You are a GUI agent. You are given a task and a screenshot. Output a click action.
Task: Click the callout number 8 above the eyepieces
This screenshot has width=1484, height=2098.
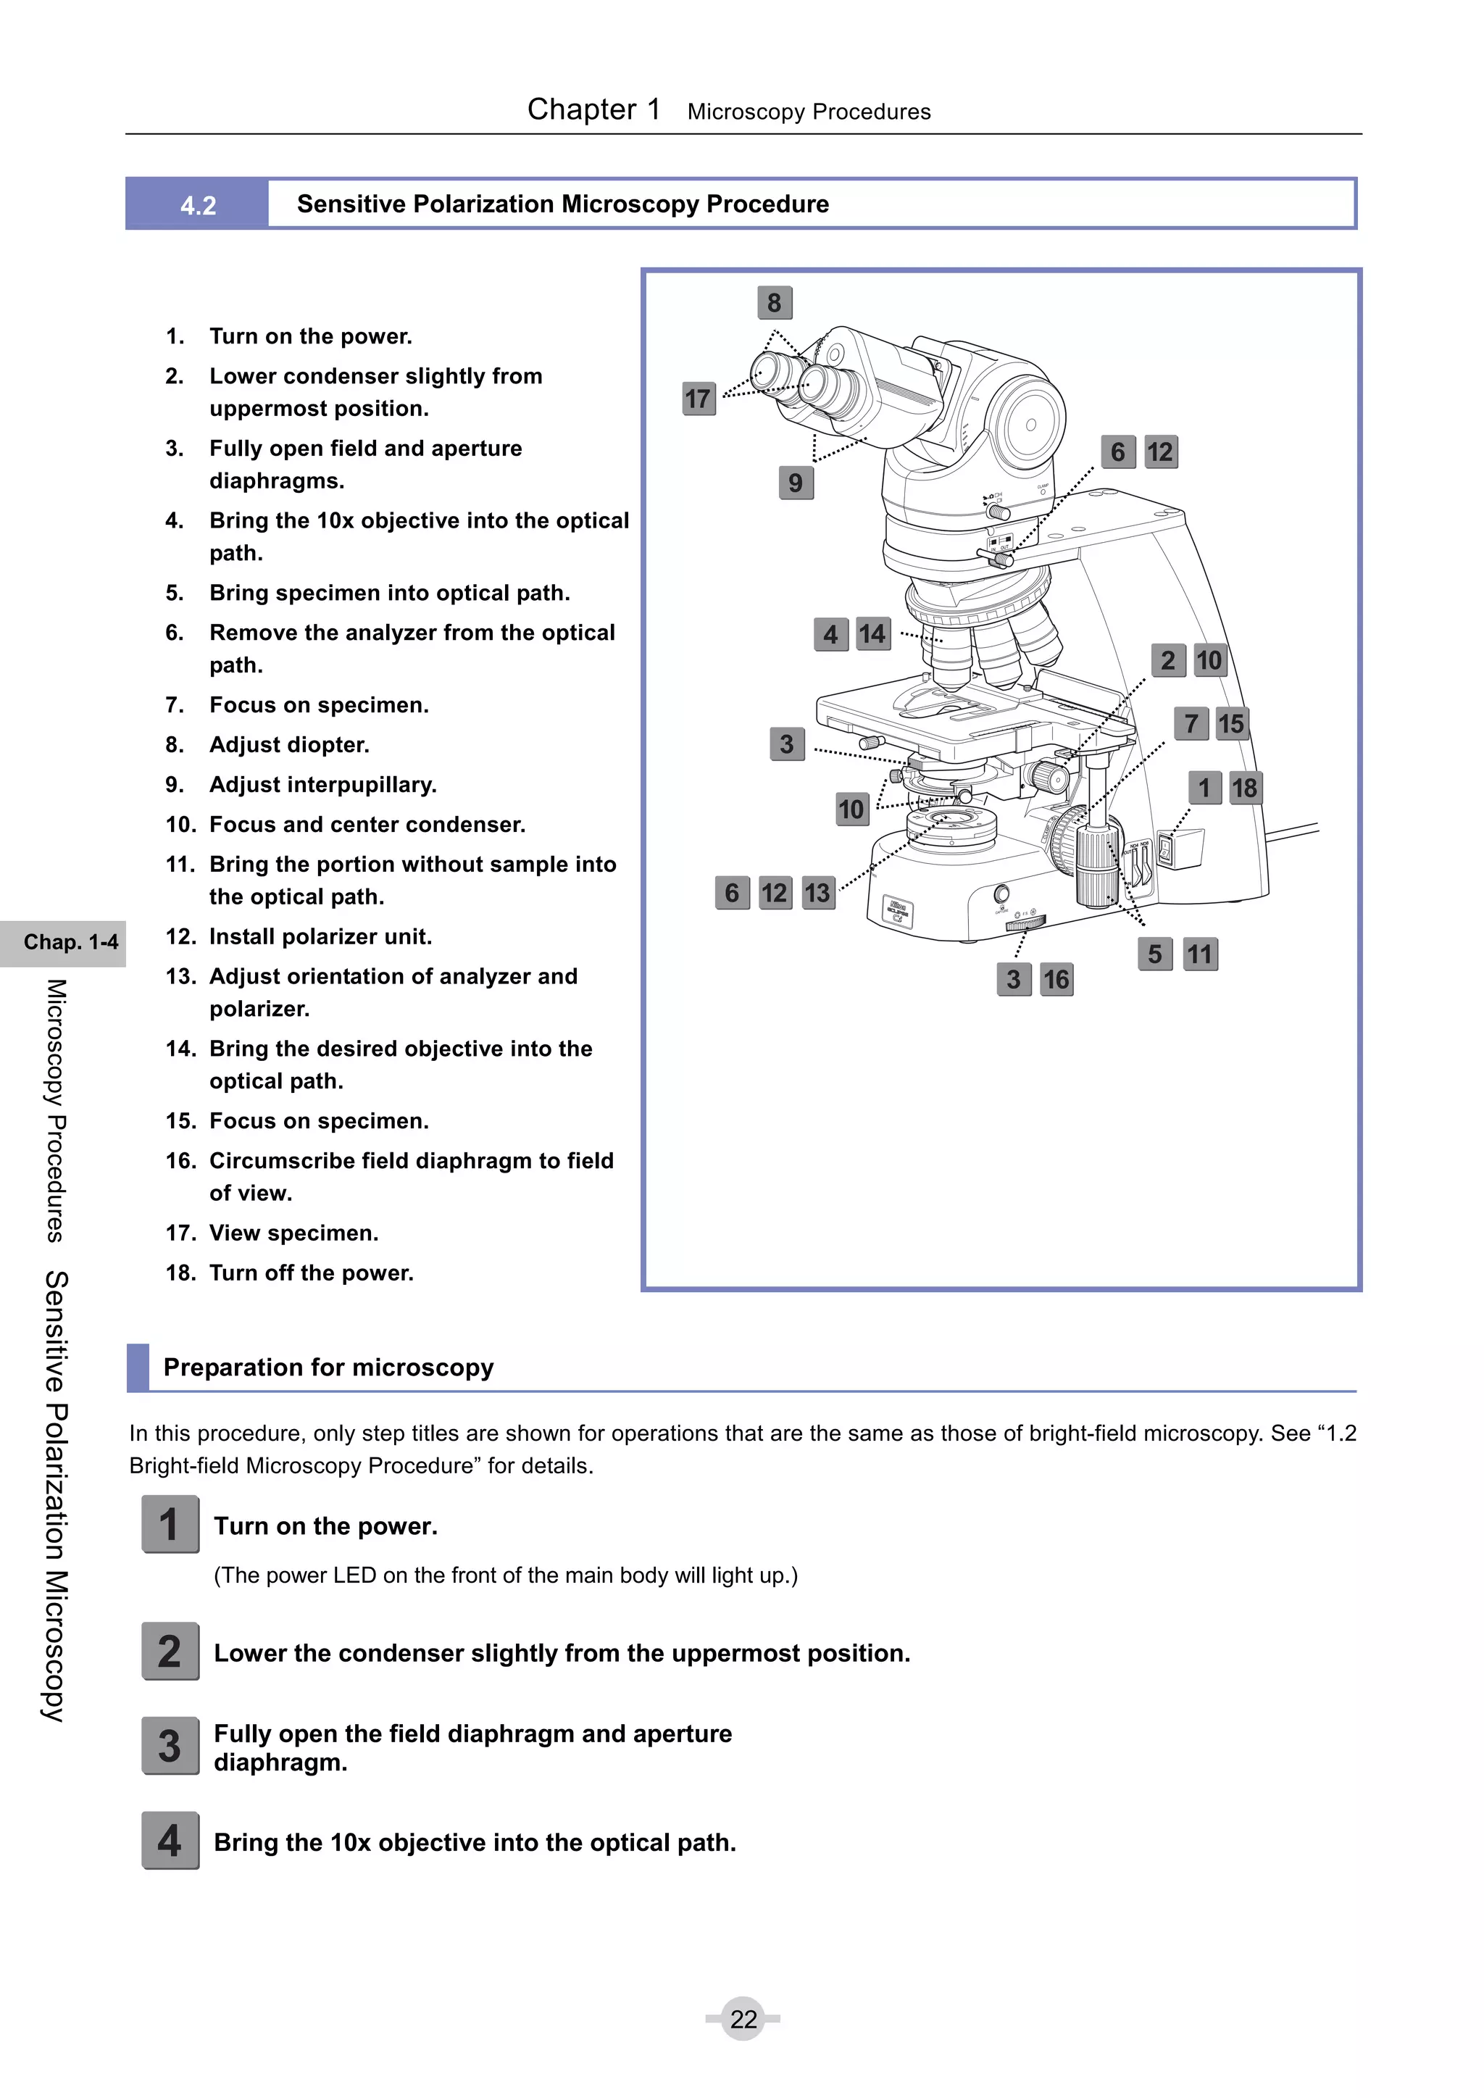click(774, 302)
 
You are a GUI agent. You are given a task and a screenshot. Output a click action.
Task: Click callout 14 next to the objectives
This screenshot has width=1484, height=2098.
click(872, 633)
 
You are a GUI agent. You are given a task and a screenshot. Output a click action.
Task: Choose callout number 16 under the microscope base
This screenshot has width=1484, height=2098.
click(1056, 980)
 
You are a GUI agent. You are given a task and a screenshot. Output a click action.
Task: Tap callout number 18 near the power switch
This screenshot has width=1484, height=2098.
click(1243, 788)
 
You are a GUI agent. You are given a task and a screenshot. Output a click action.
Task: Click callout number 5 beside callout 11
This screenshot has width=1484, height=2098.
click(1155, 954)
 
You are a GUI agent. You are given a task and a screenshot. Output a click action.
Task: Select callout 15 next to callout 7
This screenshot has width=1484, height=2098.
click(1231, 724)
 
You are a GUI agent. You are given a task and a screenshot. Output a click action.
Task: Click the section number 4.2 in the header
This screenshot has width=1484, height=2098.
click(199, 204)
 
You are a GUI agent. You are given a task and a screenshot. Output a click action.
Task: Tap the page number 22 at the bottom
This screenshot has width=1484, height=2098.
click(743, 2018)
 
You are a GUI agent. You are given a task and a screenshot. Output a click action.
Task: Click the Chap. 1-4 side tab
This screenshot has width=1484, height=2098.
click(70, 942)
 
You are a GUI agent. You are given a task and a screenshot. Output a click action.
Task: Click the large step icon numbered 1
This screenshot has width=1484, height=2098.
click(170, 1524)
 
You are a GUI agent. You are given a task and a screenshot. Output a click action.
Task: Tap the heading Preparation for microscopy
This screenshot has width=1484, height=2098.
click(328, 1367)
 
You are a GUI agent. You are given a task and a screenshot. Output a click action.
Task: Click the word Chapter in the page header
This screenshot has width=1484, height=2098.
click(581, 109)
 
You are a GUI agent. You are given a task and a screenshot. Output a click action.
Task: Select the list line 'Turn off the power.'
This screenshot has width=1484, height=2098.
click(311, 1273)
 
